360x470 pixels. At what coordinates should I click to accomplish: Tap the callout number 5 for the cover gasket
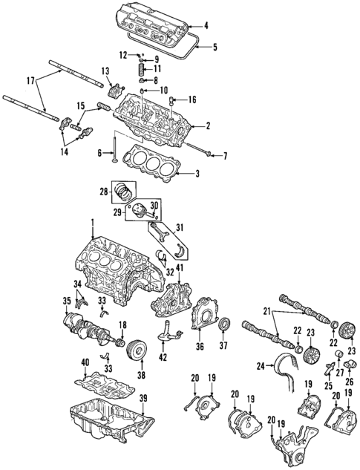[x=215, y=48]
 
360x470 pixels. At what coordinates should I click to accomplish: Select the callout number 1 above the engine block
[x=93, y=222]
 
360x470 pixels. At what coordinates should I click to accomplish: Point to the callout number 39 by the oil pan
[x=143, y=399]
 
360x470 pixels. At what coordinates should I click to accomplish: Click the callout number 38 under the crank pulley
[x=142, y=376]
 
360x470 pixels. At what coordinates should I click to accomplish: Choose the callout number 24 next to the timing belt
[x=261, y=366]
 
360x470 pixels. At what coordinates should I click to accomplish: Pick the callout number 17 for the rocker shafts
[x=30, y=80]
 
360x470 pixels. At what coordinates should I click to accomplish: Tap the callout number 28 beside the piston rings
[x=105, y=192]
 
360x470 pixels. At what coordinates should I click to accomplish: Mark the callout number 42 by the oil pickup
[x=163, y=356]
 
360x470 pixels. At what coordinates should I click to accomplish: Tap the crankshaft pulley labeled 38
[x=135, y=350]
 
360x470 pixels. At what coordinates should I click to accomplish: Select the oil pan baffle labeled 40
[x=100, y=385]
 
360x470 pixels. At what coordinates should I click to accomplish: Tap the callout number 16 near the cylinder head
[x=192, y=99]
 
